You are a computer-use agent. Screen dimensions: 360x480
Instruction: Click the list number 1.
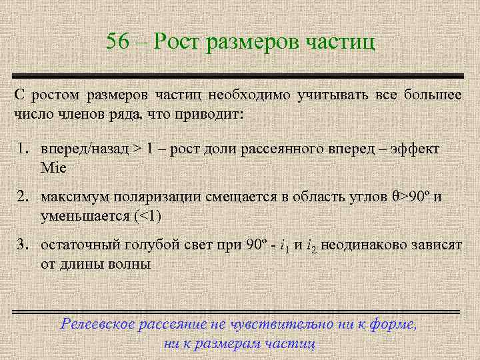click(21, 148)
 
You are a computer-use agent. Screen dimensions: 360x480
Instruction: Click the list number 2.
click(21, 197)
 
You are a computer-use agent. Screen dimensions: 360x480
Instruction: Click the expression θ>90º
click(411, 197)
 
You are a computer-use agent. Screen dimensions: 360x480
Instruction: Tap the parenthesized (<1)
click(147, 216)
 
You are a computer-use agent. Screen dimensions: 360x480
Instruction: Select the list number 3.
click(21, 245)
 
